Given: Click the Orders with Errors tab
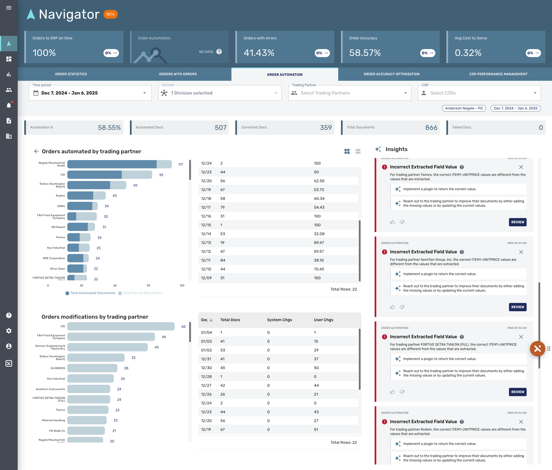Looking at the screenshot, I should click(178, 74).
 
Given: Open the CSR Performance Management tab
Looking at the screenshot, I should click(498, 74).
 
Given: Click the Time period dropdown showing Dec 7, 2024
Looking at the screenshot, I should click(90, 93).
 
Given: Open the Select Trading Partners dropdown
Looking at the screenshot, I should click(349, 93).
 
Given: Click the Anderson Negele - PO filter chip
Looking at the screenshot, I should click(464, 108).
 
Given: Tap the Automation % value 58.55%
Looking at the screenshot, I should click(109, 128).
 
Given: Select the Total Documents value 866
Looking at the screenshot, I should click(431, 128).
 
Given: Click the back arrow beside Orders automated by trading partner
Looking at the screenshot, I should click(36, 151).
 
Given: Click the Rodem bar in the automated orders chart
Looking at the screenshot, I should click(86, 196).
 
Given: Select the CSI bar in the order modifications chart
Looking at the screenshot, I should click(121, 326).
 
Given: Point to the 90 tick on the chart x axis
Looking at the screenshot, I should click(148, 286).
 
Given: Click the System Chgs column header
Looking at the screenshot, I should click(279, 320).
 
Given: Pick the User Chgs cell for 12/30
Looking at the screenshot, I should click(316, 368).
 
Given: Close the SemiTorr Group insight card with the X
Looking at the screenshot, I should click(521, 252).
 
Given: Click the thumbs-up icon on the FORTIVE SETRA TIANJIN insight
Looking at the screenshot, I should click(393, 392).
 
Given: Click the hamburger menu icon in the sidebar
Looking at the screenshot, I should click(9, 8).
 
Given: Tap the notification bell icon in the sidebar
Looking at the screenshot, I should click(9, 105).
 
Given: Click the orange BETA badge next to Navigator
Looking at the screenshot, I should click(111, 14).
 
